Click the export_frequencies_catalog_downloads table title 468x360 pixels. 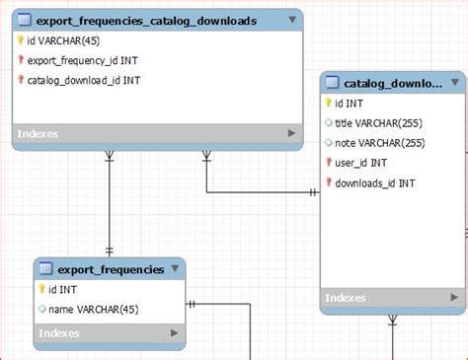coord(146,20)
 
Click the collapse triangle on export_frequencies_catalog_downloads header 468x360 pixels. coord(291,20)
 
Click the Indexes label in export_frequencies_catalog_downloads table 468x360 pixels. coord(39,133)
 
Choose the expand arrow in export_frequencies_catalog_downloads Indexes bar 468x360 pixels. coord(291,133)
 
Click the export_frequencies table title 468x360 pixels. coord(111,268)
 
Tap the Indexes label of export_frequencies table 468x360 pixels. coord(60,334)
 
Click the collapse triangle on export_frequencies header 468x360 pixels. coord(175,268)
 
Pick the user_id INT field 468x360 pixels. coord(360,163)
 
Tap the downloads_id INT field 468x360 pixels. coord(374,182)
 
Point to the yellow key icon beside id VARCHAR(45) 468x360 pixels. coord(20,40)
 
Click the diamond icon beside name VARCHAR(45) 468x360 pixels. coord(41,309)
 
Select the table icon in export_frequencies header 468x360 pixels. coord(45,268)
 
